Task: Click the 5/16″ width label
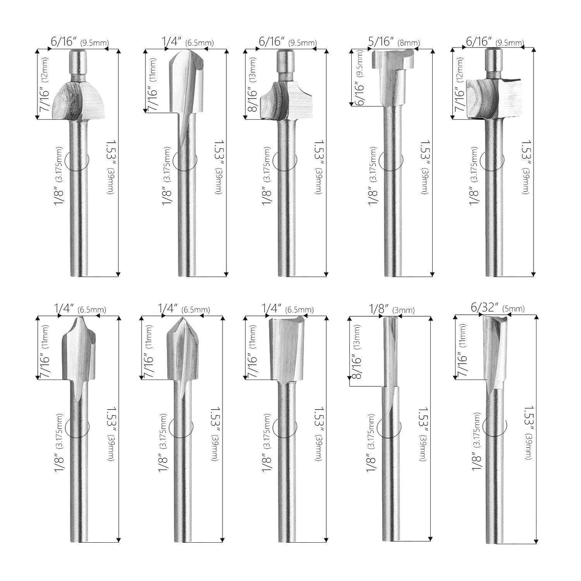tap(380, 43)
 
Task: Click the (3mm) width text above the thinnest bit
tap(403, 311)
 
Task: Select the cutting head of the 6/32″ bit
tap(494, 349)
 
